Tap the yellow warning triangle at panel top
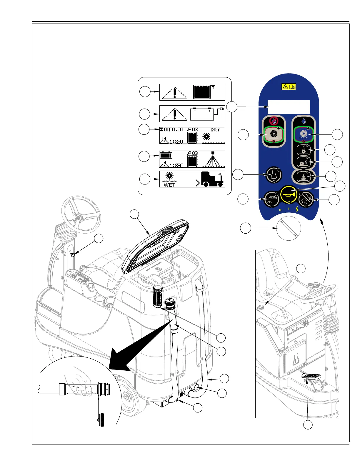[x=285, y=87]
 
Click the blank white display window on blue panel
[x=289, y=107]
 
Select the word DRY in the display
[x=215, y=130]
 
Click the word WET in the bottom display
[x=169, y=185]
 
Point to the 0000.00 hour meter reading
[x=174, y=129]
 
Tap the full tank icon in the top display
[x=202, y=92]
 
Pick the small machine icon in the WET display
[x=212, y=179]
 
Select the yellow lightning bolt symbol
[x=297, y=209]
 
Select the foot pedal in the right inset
[x=312, y=377]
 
